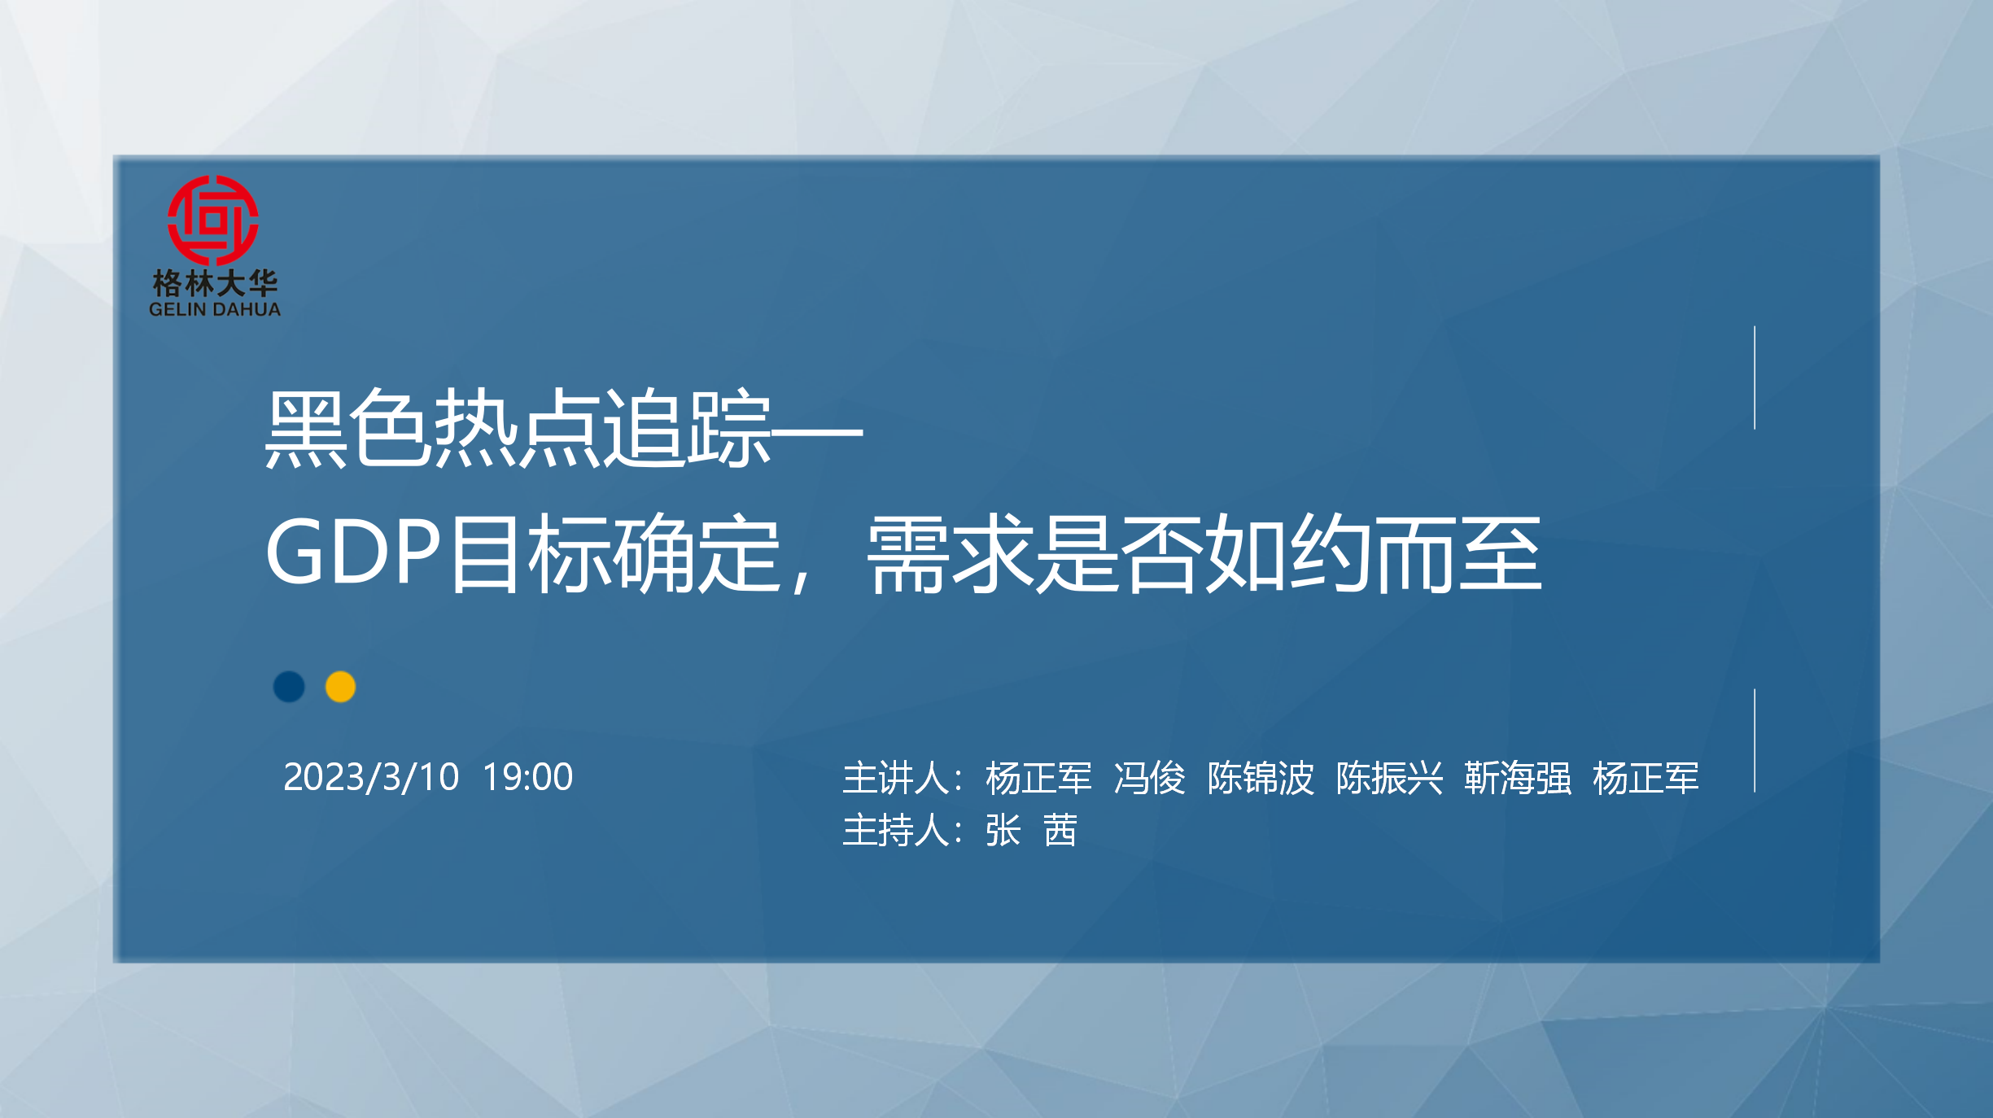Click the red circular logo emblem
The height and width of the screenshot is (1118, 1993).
[x=213, y=220]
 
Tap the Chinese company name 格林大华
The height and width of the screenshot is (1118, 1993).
[x=215, y=283]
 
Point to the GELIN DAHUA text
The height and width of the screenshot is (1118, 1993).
[x=215, y=309]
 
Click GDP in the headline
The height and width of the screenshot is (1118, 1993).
[x=354, y=552]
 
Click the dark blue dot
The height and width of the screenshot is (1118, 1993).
[x=289, y=687]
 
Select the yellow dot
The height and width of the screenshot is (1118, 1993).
[x=340, y=687]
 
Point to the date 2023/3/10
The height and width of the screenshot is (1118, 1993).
[x=371, y=777]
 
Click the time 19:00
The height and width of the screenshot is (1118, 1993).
[x=528, y=777]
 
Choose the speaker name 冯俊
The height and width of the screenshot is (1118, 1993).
[x=1150, y=779]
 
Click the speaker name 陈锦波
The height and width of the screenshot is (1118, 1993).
[x=1261, y=779]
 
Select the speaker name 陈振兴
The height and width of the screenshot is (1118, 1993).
[x=1389, y=779]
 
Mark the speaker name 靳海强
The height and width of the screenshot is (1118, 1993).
[x=1518, y=779]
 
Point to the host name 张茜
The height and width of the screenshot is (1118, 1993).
[x=1032, y=831]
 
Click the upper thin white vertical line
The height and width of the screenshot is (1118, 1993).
[x=1755, y=378]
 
